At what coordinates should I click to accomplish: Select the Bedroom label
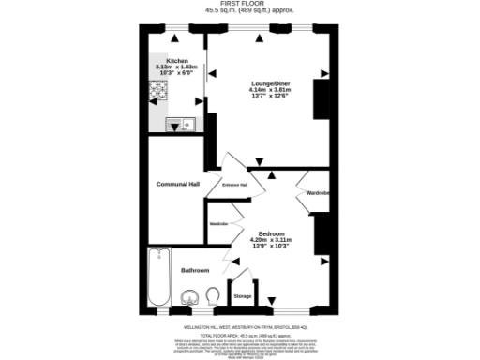[x=272, y=232]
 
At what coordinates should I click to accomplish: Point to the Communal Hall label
[x=177, y=184]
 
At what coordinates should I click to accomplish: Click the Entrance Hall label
[x=234, y=185]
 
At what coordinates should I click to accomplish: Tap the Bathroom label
[x=195, y=270]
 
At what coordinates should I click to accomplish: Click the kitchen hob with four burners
[x=157, y=93]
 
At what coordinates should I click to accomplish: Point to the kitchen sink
[x=179, y=124]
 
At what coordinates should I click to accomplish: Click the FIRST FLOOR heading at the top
[x=239, y=4]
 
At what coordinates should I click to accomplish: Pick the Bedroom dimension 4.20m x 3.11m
[x=272, y=239]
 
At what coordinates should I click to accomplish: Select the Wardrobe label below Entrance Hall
[x=218, y=224]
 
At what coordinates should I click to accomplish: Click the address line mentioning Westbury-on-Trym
[x=239, y=327]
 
